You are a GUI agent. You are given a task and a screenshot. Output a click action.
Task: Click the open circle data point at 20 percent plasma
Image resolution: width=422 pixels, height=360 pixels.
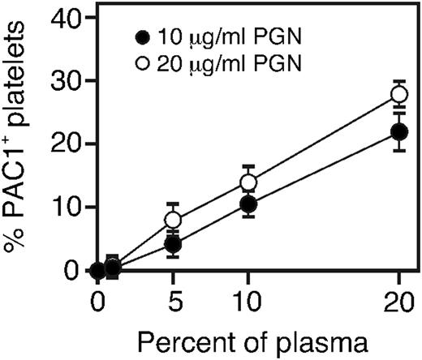(399, 94)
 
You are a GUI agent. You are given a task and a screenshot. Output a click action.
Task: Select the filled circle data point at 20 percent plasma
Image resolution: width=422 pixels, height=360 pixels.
(399, 131)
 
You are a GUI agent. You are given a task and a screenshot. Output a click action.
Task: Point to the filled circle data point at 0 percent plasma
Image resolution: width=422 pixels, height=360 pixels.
(98, 270)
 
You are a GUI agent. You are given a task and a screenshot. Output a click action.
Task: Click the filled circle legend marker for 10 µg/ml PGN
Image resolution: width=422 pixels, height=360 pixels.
(144, 36)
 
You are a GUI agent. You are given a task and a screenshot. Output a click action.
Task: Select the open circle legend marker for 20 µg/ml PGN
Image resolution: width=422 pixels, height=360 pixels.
(144, 63)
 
